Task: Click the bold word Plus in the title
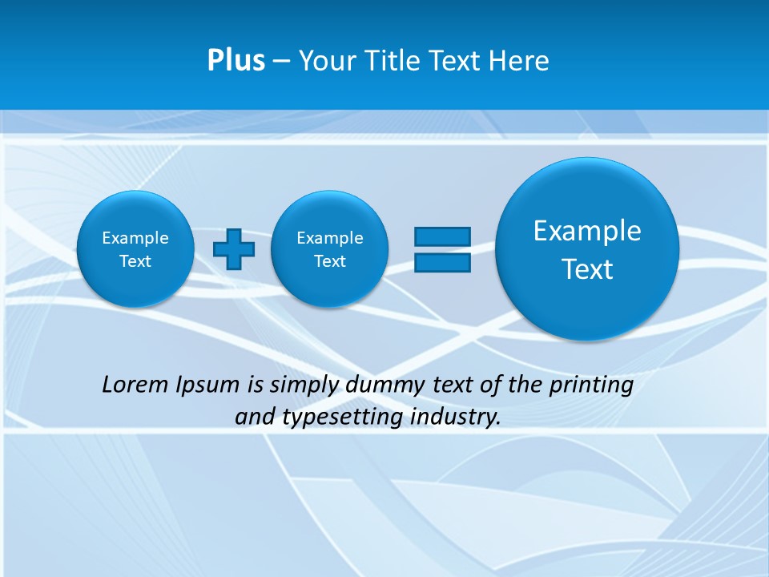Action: tap(236, 61)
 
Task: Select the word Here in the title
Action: tap(518, 61)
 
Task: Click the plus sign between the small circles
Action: tap(234, 249)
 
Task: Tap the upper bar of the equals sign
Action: tap(442, 236)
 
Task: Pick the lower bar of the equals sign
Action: tap(442, 262)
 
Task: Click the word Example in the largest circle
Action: tap(587, 231)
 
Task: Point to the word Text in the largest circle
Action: tap(587, 269)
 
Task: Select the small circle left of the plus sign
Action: tap(135, 249)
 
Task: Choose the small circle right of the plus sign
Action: tap(330, 249)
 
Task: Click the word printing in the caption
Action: tap(592, 385)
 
